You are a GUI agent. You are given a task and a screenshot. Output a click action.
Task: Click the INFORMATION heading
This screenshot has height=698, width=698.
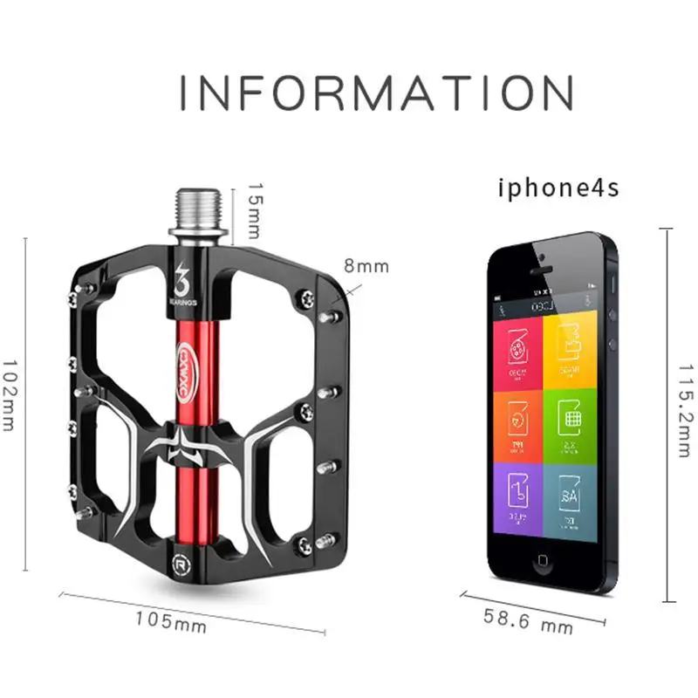click(x=376, y=93)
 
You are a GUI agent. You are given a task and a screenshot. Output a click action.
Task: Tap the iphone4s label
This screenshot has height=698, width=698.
click(x=558, y=188)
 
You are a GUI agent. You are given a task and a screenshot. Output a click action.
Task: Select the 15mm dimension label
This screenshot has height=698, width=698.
click(x=253, y=210)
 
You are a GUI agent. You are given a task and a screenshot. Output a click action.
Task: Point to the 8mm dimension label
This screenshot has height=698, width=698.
click(x=366, y=266)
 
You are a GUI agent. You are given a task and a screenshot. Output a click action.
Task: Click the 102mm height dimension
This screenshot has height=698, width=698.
click(x=10, y=395)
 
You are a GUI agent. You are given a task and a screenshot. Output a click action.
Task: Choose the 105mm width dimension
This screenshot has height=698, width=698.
click(x=171, y=622)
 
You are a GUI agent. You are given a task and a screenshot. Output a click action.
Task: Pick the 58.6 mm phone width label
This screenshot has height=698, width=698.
click(x=530, y=619)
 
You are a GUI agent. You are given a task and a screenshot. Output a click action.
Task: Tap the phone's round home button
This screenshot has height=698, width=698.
click(x=545, y=559)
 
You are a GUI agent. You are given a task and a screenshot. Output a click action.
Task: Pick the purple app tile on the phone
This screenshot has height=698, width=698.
click(x=517, y=498)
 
